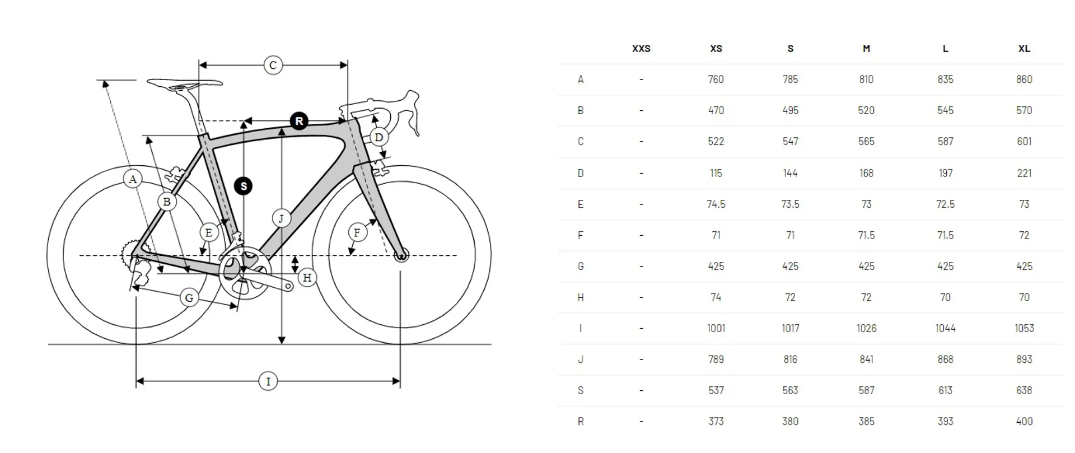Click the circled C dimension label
pos(273,66)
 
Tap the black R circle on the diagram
pos(299,121)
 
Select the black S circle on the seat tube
pos(244,186)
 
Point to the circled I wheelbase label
pos(268,381)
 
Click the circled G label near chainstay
pos(189,298)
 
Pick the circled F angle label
pos(357,232)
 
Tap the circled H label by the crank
pos(307,277)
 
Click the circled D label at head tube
pos(379,137)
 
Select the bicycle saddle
pos(184,85)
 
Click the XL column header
pos(1024,49)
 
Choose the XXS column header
pos(641,49)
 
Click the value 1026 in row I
pos(866,328)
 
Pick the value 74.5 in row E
pos(716,204)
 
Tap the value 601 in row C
pos(1024,142)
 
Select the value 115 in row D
pos(716,173)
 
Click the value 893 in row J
pos(1024,359)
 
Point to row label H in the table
pos(581,297)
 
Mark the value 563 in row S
pos(790,390)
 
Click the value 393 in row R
pos(945,422)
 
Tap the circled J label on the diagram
pos(282,218)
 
